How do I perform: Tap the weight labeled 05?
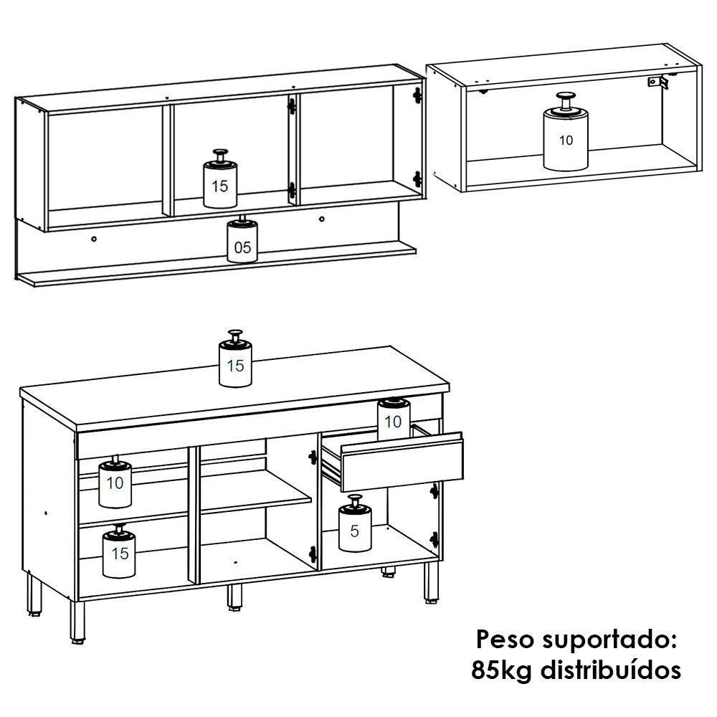pyautogui.click(x=242, y=244)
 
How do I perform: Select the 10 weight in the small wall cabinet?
pyautogui.click(x=566, y=140)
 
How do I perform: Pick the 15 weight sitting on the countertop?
pyautogui.click(x=234, y=364)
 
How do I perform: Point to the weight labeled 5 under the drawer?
pyautogui.click(x=355, y=529)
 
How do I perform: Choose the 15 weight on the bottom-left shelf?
pyautogui.click(x=119, y=554)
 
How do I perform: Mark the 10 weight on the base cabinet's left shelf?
pyautogui.click(x=115, y=484)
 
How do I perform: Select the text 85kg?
pyautogui.click(x=502, y=670)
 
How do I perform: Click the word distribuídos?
pyautogui.click(x=609, y=670)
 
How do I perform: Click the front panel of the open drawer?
pyautogui.click(x=402, y=463)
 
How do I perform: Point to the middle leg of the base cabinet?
pyautogui.click(x=234, y=595)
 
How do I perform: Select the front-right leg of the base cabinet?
pyautogui.click(x=430, y=581)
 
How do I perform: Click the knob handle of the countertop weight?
pyautogui.click(x=234, y=335)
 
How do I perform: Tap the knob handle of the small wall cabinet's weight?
pyautogui.click(x=566, y=97)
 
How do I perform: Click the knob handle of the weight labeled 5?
pyautogui.click(x=354, y=499)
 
